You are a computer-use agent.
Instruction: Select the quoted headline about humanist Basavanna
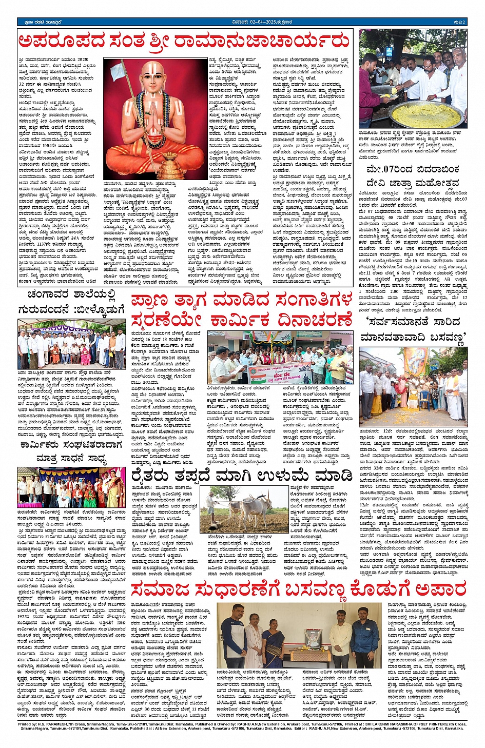[x=413, y=329]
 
